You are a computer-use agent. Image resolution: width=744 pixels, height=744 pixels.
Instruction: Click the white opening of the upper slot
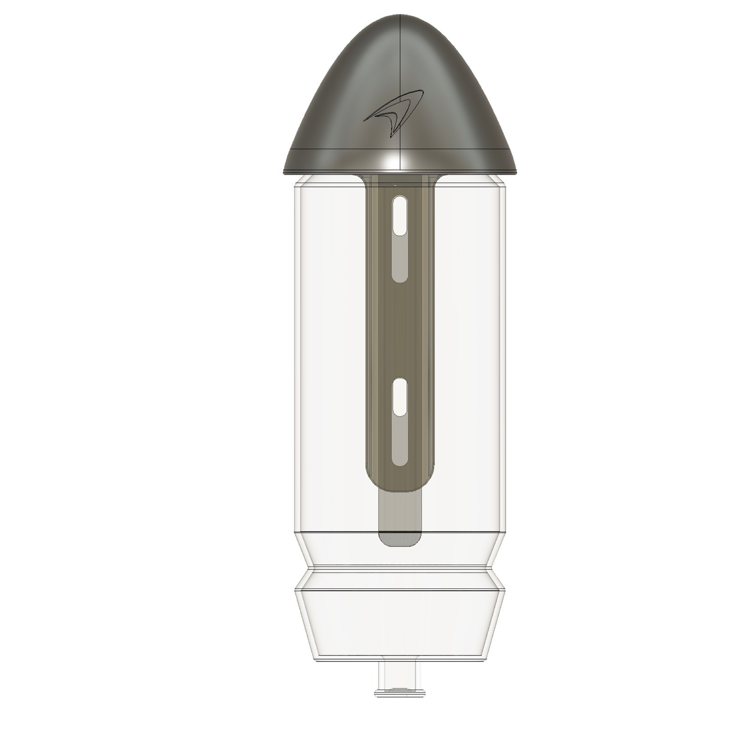tap(400, 215)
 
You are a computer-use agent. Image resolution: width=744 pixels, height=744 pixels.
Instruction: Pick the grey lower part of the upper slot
tap(400, 259)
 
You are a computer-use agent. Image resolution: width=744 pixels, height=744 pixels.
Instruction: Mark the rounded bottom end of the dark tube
tap(400, 484)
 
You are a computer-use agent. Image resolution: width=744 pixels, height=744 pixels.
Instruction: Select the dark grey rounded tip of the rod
tap(400, 539)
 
